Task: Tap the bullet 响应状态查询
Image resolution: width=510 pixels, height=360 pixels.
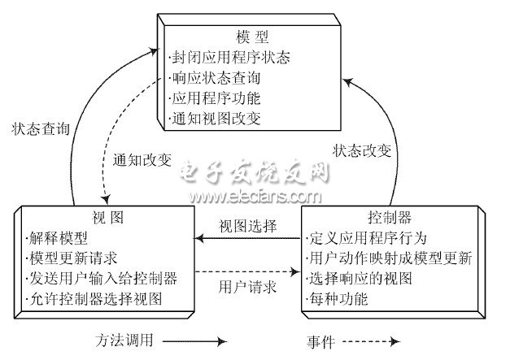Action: click(x=218, y=79)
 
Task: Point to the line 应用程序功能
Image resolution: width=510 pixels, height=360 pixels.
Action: click(x=218, y=99)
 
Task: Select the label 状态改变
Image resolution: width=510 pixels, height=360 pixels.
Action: click(x=362, y=150)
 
